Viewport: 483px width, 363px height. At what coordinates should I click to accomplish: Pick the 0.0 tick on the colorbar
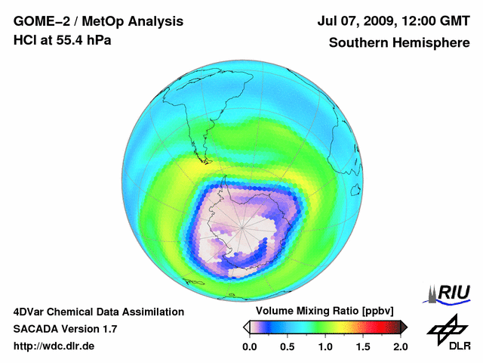(x=250, y=346)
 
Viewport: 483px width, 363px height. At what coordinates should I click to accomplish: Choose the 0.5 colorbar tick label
(x=288, y=346)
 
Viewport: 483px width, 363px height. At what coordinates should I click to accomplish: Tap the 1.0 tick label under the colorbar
(x=325, y=346)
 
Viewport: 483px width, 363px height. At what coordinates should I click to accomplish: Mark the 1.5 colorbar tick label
(x=363, y=346)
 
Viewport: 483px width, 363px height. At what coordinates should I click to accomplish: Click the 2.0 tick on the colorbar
(x=400, y=346)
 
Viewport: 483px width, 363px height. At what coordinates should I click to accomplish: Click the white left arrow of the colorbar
(x=246, y=327)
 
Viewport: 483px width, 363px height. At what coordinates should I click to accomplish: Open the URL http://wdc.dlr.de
(x=54, y=346)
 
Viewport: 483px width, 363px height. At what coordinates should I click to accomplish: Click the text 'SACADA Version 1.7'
(x=65, y=329)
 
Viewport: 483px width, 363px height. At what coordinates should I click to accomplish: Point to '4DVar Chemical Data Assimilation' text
(x=98, y=312)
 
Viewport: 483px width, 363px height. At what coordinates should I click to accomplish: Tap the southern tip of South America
(x=202, y=160)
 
